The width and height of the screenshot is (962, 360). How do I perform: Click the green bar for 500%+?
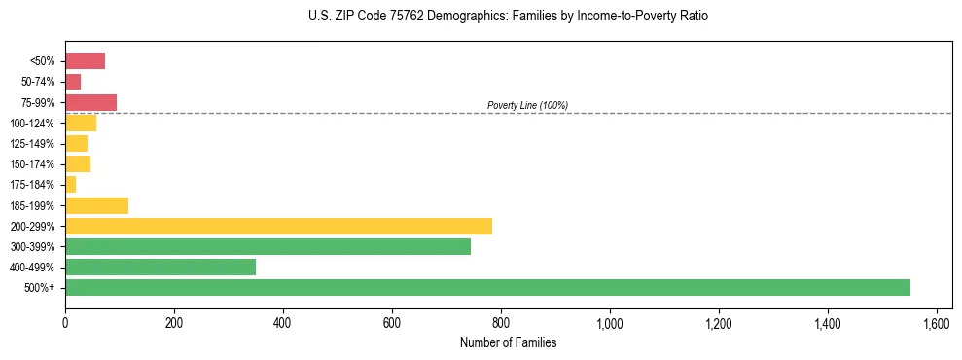[x=487, y=287]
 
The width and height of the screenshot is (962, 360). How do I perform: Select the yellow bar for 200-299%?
[x=278, y=226]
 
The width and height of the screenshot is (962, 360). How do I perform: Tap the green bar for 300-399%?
[x=267, y=246]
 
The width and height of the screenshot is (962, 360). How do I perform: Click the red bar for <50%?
[x=85, y=61]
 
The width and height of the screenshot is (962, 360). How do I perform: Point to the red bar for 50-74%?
[x=73, y=82]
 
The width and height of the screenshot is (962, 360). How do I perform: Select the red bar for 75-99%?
[x=90, y=102]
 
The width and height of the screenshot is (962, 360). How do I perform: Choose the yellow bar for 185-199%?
[x=96, y=205]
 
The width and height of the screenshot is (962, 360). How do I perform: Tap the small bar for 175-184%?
[x=70, y=185]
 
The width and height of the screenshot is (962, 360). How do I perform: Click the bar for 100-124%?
[x=81, y=123]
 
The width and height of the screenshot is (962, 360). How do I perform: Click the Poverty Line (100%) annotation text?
[x=527, y=105]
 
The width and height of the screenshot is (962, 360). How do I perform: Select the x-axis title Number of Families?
[x=508, y=342]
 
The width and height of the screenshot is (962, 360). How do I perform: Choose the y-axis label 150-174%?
[x=32, y=164]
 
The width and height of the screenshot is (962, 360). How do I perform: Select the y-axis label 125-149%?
[x=32, y=144]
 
